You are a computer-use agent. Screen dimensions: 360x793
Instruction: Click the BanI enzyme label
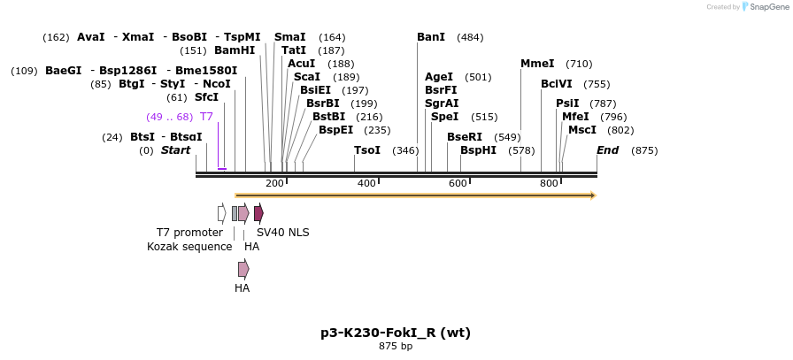pos(431,37)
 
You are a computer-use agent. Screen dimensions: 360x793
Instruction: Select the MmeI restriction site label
pos(537,64)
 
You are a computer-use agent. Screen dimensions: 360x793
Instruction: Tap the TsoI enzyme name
pos(366,150)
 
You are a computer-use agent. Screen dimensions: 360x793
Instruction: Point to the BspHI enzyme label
pos(478,150)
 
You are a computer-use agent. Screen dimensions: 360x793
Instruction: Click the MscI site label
pos(582,130)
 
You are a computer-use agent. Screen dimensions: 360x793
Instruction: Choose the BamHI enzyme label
pos(235,50)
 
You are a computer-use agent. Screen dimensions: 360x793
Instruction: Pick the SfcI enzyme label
pos(206,97)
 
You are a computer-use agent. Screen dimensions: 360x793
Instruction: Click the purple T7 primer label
pos(206,117)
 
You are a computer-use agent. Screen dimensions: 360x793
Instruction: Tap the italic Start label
pos(175,150)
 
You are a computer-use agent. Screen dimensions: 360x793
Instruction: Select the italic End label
pos(608,150)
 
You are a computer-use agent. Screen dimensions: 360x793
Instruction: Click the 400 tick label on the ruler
pos(366,183)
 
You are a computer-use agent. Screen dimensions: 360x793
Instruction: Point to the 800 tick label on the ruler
pos(549,183)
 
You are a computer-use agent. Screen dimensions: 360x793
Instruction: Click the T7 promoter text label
pos(189,233)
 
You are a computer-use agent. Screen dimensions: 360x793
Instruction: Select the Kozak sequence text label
pos(189,247)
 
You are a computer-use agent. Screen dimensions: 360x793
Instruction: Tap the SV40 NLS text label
pos(283,233)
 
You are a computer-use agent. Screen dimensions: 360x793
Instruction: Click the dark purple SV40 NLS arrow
pos(258,213)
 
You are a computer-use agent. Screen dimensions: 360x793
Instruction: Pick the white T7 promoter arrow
pos(221,213)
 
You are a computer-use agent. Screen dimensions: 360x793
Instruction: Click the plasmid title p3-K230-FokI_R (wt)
pos(396,333)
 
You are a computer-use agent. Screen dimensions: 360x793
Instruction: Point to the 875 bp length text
pos(396,347)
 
